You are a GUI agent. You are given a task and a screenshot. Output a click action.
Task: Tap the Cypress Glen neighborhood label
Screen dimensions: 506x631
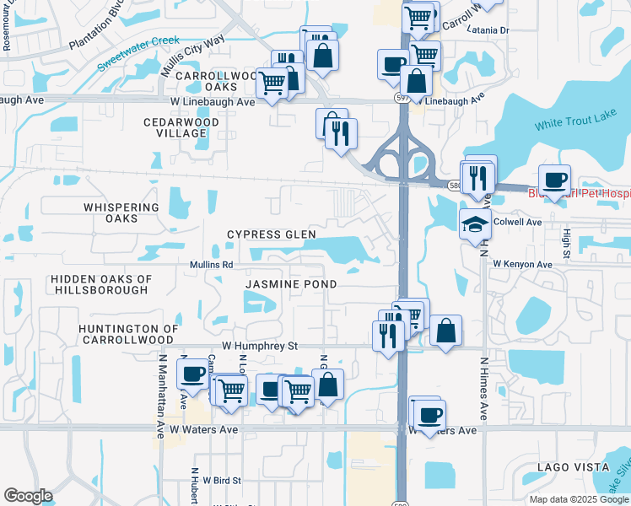(x=271, y=234)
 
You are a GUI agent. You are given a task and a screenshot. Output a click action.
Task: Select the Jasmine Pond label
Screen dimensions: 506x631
(x=291, y=285)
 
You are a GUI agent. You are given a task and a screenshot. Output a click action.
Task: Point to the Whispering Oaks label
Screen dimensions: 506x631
(x=121, y=213)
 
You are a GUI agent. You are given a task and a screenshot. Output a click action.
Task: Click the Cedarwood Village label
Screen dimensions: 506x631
(x=181, y=127)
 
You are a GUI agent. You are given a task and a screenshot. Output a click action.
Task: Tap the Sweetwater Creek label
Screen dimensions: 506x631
(x=138, y=52)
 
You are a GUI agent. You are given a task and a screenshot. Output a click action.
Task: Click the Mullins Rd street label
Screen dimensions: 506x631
(x=211, y=265)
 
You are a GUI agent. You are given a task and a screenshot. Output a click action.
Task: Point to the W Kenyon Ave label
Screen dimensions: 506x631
(x=522, y=264)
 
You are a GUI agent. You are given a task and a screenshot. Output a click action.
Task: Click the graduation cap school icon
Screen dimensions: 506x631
(x=475, y=223)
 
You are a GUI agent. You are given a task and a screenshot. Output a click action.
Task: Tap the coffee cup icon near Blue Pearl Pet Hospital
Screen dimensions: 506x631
(x=555, y=180)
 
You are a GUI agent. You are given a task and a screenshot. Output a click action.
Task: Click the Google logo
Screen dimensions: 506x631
(x=29, y=496)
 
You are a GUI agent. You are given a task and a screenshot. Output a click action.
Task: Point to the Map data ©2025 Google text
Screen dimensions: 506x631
(x=578, y=499)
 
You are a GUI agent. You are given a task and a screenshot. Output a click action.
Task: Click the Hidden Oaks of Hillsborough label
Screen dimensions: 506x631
(x=100, y=284)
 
